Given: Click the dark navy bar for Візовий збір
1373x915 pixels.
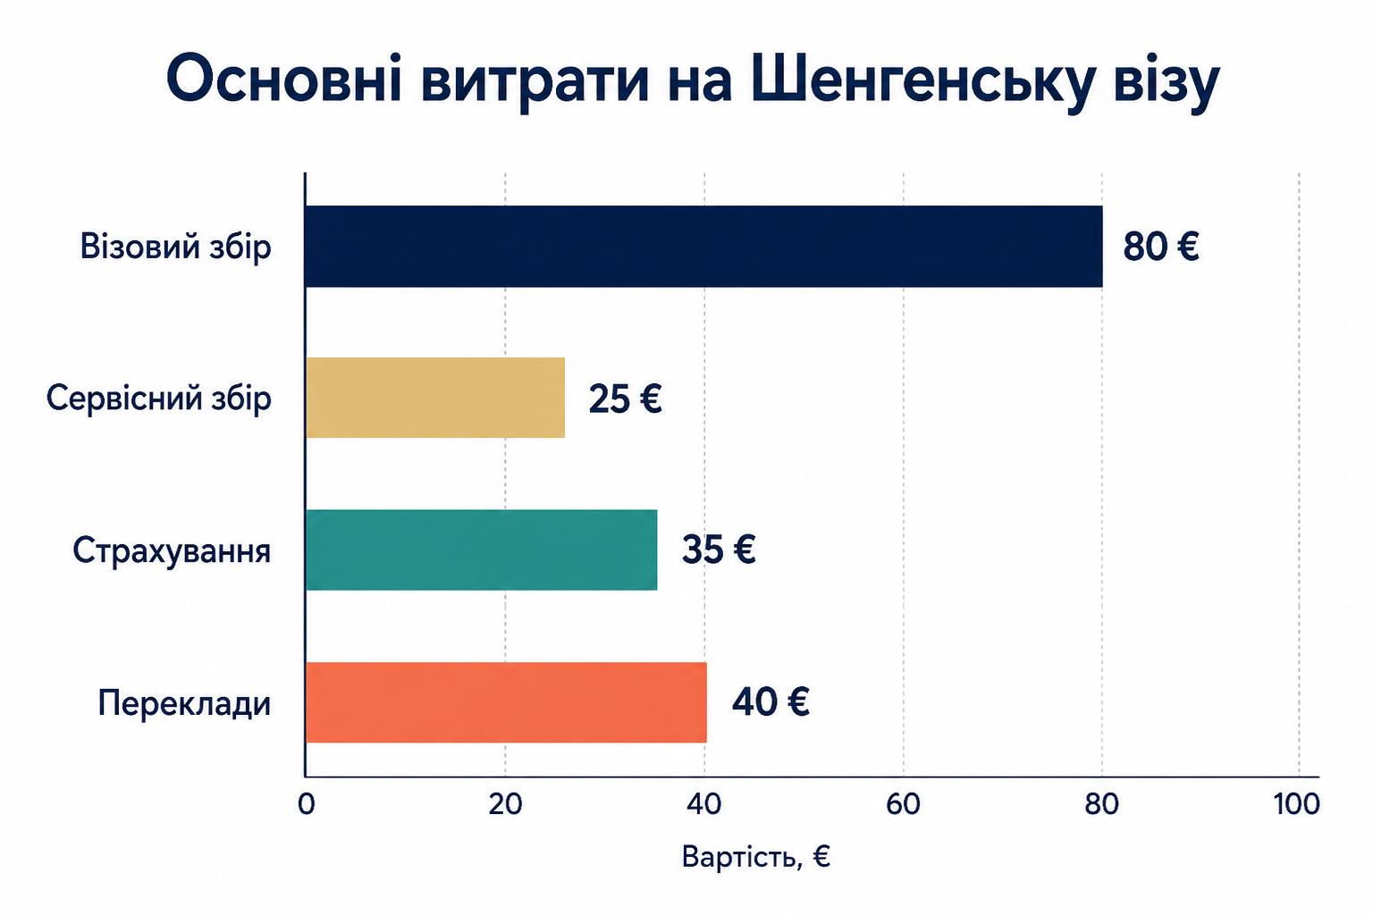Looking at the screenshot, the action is click(x=703, y=247).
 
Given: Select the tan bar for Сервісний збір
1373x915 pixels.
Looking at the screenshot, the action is click(x=435, y=398).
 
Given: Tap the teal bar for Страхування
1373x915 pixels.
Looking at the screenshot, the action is click(x=481, y=550).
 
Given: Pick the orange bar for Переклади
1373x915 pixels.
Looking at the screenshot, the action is click(x=506, y=702).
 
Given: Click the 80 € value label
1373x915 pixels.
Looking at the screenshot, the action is click(x=1161, y=247).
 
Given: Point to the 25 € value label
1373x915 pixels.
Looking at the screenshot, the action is click(x=625, y=399).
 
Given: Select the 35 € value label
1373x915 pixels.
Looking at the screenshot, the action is click(x=719, y=550).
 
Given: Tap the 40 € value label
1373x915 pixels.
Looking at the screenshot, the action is click(x=771, y=701).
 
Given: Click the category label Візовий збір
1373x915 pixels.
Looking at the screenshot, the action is click(x=175, y=247).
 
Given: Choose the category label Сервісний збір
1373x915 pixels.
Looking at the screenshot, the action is click(x=159, y=399).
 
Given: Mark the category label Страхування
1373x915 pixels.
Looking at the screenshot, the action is click(x=172, y=550).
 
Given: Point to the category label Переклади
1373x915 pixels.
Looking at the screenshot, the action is click(x=184, y=703).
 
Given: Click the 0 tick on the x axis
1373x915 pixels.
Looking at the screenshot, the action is click(x=306, y=804).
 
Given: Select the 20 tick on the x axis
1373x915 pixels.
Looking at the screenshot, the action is click(x=505, y=804).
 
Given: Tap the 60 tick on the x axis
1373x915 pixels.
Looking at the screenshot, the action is click(x=903, y=804).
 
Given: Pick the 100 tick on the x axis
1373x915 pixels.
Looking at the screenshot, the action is click(x=1296, y=804).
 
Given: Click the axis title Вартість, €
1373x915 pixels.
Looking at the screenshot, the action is click(x=755, y=856).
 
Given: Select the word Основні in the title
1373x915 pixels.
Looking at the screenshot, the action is click(x=283, y=79).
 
